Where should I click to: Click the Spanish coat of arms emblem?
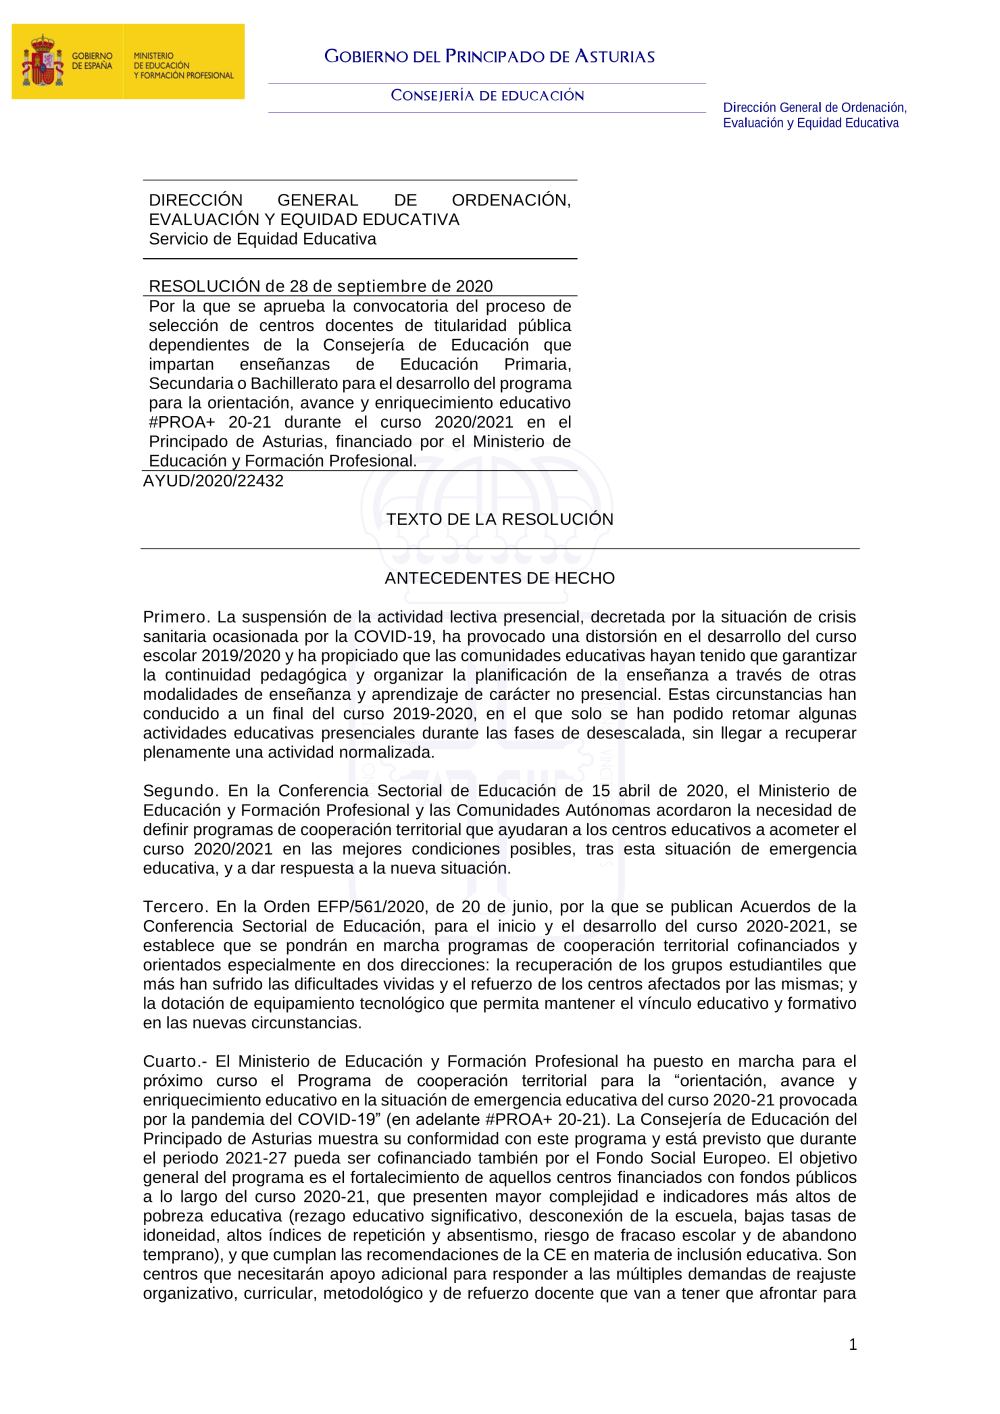point(42,61)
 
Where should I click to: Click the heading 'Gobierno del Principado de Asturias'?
point(489,57)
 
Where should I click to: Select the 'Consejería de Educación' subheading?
point(487,96)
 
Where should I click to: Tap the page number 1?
point(853,1345)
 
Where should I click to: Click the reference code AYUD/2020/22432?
point(213,481)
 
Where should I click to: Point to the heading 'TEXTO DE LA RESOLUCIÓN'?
point(500,520)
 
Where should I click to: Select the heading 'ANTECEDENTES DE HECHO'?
point(500,579)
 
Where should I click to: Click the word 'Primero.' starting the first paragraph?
point(176,618)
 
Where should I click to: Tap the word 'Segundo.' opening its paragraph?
point(180,791)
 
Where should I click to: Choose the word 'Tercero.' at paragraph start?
point(176,907)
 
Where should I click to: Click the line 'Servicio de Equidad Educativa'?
point(262,239)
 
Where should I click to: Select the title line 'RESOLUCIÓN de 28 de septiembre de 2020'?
point(320,286)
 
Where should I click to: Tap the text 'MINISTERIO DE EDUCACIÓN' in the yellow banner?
point(161,61)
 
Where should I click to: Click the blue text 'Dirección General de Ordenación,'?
point(814,108)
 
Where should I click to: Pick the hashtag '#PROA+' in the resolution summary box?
point(182,423)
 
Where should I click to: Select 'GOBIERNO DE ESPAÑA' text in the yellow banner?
point(92,61)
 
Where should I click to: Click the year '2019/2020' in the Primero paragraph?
point(241,656)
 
